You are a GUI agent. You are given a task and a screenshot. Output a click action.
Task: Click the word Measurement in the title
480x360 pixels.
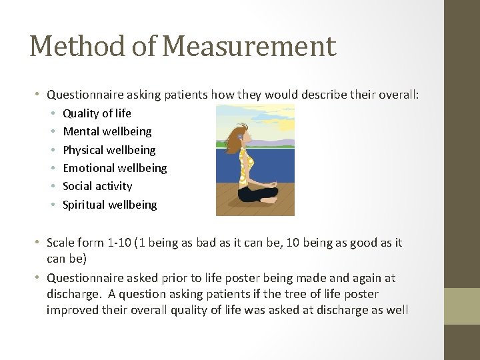[x=249, y=47]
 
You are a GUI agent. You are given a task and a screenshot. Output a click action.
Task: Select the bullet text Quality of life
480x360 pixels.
[x=97, y=113]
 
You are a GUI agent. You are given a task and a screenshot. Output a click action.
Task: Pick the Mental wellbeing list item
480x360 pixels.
[x=107, y=131]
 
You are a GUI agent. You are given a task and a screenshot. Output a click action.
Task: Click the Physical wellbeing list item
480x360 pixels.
[x=109, y=150]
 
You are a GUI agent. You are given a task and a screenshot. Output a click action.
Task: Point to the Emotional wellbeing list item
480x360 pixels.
[x=115, y=168]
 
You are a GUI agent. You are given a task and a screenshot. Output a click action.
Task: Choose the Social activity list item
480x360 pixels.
[x=97, y=186]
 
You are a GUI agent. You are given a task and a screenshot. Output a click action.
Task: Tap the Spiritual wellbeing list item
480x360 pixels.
[x=109, y=205]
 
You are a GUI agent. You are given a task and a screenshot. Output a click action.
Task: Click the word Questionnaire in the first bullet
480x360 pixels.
[x=83, y=95]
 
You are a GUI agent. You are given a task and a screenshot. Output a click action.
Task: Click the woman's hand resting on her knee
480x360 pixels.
[x=272, y=184]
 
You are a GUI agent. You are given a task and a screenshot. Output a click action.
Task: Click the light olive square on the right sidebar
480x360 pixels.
[x=463, y=306]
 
